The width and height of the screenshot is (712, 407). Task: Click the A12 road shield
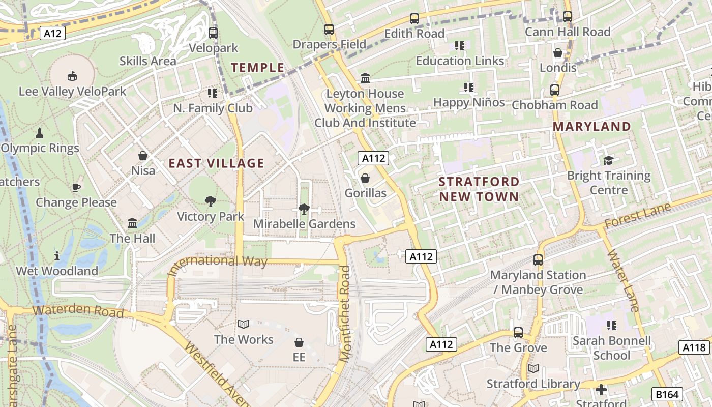(53, 34)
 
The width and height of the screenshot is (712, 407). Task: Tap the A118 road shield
(694, 347)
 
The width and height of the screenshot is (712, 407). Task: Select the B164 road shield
(666, 393)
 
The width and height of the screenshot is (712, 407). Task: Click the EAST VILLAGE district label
(216, 163)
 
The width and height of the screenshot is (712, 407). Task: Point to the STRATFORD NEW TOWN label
(479, 189)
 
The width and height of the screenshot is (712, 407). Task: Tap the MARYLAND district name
(591, 126)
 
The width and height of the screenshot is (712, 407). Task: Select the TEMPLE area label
(258, 67)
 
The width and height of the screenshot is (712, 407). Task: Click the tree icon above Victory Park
(211, 201)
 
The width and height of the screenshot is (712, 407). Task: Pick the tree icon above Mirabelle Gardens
(304, 209)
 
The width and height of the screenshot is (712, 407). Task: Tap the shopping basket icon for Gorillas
(365, 178)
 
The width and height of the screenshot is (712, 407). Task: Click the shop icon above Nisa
(143, 155)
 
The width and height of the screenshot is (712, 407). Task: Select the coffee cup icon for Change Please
(76, 187)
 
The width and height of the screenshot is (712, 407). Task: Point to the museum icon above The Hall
(132, 223)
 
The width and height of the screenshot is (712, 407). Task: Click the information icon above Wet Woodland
(57, 255)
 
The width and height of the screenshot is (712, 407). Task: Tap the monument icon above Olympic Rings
(40, 133)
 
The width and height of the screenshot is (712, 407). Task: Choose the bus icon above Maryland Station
(538, 260)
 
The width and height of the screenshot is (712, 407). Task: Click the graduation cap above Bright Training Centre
(608, 161)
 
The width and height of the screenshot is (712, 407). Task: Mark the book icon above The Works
(244, 324)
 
